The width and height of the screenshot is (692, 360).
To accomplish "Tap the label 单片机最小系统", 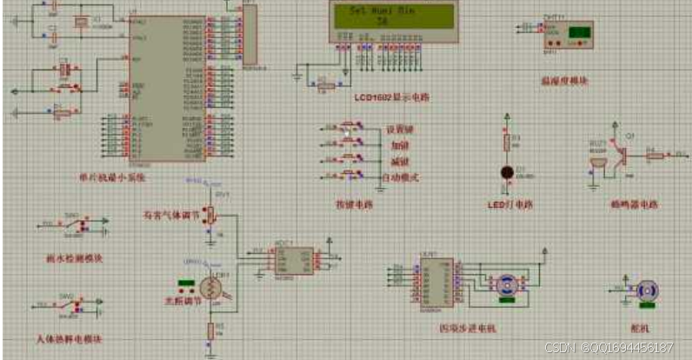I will point(111,177).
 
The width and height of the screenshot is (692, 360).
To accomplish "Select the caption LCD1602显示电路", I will point(391,97).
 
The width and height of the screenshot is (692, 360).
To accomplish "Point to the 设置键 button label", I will point(399,130).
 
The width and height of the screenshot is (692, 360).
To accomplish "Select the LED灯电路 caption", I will point(510,205).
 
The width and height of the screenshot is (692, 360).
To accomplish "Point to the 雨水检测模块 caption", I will point(74,258).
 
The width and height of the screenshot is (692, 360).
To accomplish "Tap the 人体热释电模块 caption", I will point(70,337).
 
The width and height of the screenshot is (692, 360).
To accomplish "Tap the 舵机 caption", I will point(644,328).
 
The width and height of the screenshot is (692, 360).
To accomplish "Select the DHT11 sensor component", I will point(569,36).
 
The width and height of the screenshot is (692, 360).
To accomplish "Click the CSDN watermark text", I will point(609,348).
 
